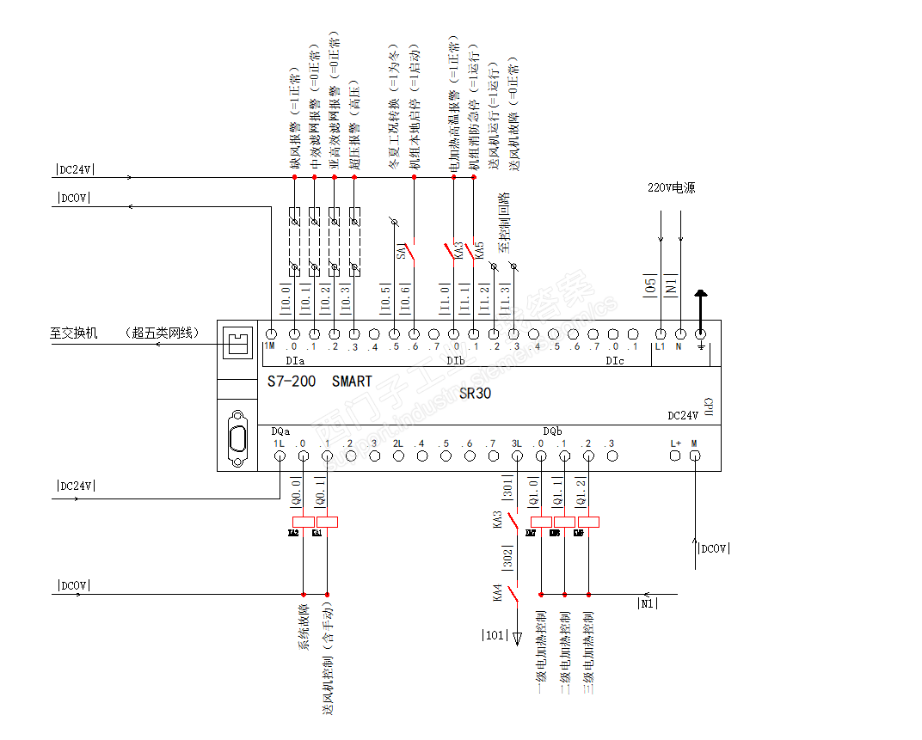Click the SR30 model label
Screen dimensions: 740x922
(x=476, y=393)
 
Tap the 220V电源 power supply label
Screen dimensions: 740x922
(x=671, y=187)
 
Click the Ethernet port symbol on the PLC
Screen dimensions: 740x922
(x=237, y=342)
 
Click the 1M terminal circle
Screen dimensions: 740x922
(x=272, y=334)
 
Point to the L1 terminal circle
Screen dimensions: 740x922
(x=661, y=334)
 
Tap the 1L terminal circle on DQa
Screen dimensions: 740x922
(x=280, y=456)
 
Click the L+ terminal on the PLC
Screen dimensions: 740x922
(x=675, y=456)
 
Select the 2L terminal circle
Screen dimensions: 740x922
(x=398, y=456)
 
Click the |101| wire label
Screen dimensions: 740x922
(x=494, y=636)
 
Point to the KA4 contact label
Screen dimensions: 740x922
(x=497, y=592)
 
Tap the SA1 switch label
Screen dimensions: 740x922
(x=401, y=251)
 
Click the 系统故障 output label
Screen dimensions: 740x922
(x=304, y=627)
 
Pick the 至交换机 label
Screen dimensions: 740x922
(x=74, y=333)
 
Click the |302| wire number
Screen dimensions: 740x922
(x=507, y=559)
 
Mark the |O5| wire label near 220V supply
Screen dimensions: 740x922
(x=650, y=286)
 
